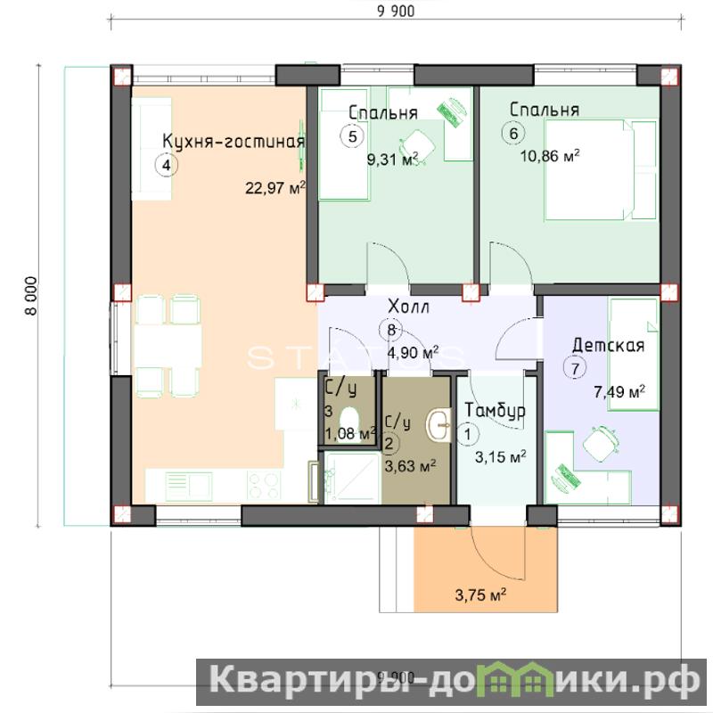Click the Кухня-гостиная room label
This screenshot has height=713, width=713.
234,142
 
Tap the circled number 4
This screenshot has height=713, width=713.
167,166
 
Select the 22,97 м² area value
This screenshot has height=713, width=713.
275,187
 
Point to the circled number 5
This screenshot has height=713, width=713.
352,136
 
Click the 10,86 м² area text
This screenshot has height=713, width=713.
550,156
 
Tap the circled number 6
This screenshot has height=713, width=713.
513,134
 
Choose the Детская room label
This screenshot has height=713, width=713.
609,346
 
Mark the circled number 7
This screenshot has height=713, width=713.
575,368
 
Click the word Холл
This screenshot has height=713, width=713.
408,307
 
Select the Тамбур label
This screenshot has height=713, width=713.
495,410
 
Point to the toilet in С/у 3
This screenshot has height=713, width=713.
349,420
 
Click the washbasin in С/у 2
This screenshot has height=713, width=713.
438,425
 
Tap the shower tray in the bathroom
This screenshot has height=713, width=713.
352,478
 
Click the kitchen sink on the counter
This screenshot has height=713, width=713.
189,485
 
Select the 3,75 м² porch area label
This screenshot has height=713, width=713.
480,594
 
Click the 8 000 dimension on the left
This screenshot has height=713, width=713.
31,296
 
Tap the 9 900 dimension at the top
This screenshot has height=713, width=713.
396,12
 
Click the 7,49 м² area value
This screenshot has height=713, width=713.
619,392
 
